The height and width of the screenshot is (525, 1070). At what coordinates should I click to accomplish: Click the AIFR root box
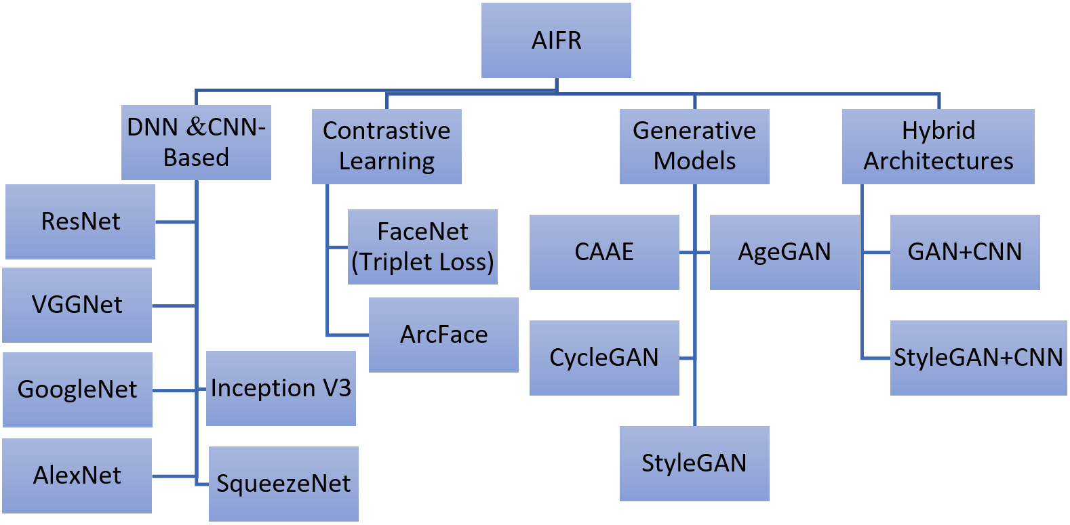[556, 41]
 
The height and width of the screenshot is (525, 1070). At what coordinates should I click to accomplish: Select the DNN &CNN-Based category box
[196, 142]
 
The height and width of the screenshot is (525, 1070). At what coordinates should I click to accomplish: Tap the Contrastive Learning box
[387, 146]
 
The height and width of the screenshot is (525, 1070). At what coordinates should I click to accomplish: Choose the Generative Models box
[694, 146]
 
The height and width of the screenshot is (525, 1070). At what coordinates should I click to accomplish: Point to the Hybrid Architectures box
[938, 146]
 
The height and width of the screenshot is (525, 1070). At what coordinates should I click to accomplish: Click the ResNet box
[80, 222]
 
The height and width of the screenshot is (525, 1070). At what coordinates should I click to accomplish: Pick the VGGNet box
[77, 305]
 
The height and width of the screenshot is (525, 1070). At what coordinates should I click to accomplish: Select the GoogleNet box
[77, 390]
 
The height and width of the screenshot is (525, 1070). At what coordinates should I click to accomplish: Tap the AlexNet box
[77, 476]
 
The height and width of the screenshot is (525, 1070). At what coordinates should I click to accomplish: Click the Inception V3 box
[281, 388]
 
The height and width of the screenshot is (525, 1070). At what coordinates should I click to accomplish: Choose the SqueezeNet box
[283, 484]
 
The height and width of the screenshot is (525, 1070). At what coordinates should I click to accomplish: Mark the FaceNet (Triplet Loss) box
[422, 247]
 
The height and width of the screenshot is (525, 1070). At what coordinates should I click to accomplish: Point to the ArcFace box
[443, 335]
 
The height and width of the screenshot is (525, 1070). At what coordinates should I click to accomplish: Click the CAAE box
[604, 252]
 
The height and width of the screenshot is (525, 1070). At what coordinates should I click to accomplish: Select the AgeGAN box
[785, 252]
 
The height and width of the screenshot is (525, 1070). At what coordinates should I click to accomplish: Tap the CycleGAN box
[604, 358]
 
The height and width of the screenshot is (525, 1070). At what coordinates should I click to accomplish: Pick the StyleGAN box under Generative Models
[694, 463]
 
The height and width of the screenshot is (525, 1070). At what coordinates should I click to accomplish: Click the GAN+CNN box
[965, 252]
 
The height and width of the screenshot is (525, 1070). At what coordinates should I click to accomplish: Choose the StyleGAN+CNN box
[978, 358]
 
